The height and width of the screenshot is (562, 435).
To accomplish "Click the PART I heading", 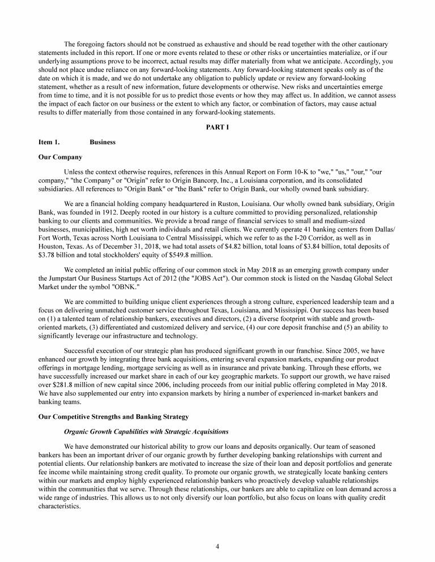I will (217, 127).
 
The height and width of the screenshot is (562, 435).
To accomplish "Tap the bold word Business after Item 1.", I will (103, 142).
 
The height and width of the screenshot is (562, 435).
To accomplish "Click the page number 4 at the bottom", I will (217, 546).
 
